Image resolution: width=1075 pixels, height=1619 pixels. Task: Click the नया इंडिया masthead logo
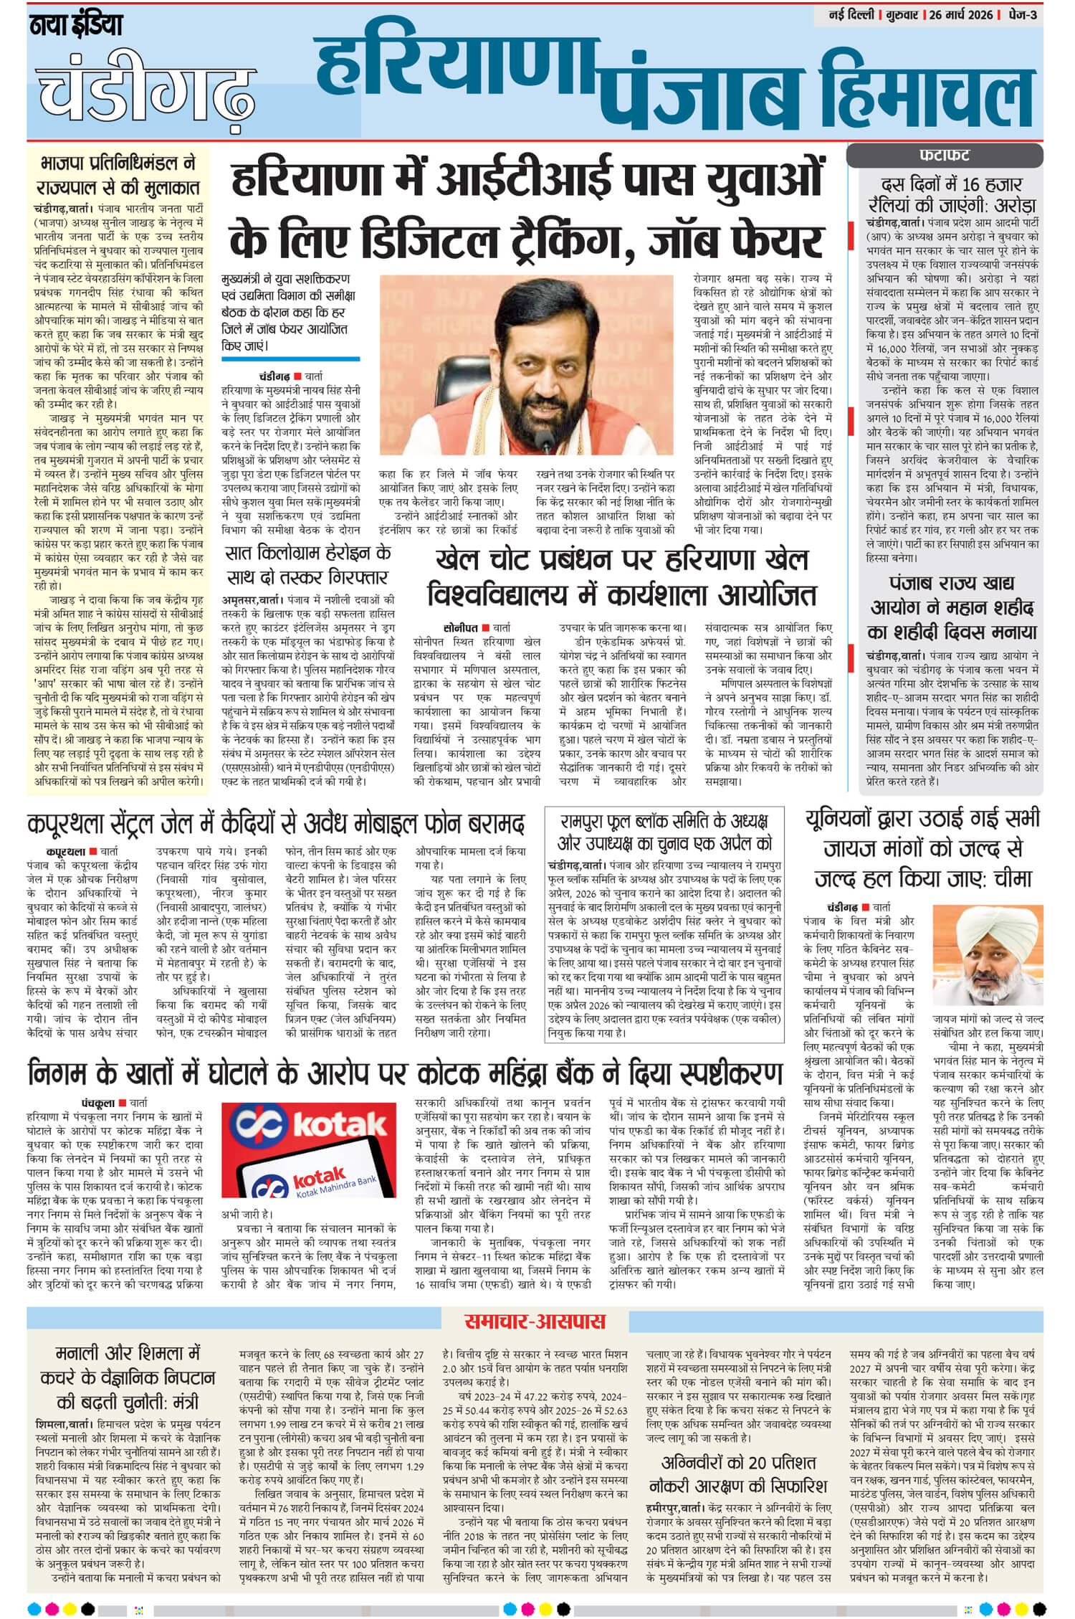pyautogui.click(x=76, y=27)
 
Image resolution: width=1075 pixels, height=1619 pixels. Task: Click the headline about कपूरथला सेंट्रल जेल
pyautogui.click(x=275, y=824)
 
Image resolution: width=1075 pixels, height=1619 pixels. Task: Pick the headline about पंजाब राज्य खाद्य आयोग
pyautogui.click(x=952, y=609)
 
